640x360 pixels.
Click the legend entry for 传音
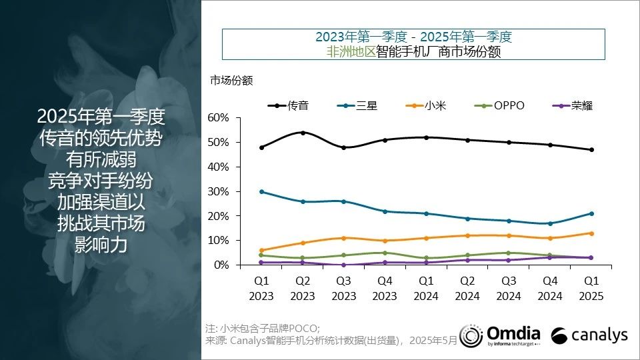288,105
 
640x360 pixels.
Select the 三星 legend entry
358,105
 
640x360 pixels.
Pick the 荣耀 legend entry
574,105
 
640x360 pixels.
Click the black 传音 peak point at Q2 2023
303,133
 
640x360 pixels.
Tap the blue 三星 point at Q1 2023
261,191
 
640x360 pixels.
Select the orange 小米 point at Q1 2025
591,233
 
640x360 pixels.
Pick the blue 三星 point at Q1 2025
591,213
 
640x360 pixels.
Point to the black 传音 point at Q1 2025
591,150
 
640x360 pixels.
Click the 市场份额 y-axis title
231,81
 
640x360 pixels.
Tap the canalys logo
589,335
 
